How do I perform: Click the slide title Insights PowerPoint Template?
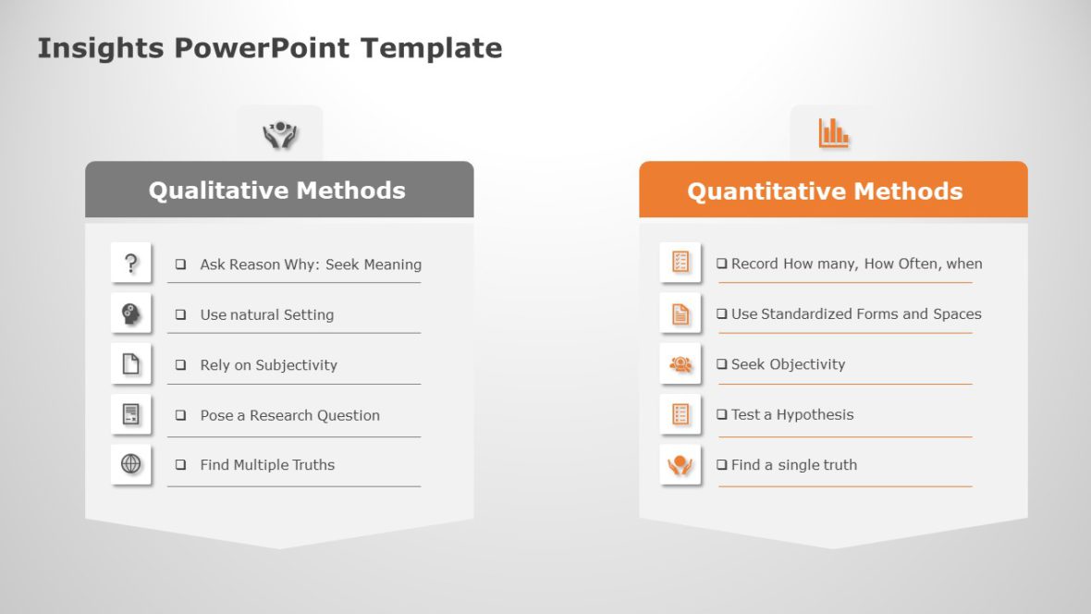pyautogui.click(x=269, y=48)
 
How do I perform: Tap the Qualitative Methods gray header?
pyautogui.click(x=278, y=190)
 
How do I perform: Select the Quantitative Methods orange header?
pyautogui.click(x=825, y=191)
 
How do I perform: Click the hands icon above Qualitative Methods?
pyautogui.click(x=279, y=135)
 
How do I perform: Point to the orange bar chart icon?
pyautogui.click(x=833, y=133)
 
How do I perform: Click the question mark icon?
pyautogui.click(x=131, y=264)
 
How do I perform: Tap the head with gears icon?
pyautogui.click(x=131, y=314)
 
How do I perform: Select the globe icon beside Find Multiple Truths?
pyautogui.click(x=131, y=464)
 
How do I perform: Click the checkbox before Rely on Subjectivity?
pyautogui.click(x=181, y=365)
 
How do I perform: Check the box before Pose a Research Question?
pyautogui.click(x=181, y=415)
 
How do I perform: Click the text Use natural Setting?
pyautogui.click(x=266, y=314)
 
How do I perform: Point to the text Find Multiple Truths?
pyautogui.click(x=267, y=465)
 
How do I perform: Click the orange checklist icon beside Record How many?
pyautogui.click(x=680, y=263)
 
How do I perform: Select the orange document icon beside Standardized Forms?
pyautogui.click(x=680, y=313)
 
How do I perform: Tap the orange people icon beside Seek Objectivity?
pyautogui.click(x=680, y=364)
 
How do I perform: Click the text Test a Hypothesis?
pyautogui.click(x=792, y=414)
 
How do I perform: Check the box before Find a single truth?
pyautogui.click(x=722, y=465)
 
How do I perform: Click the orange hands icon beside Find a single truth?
pyautogui.click(x=680, y=464)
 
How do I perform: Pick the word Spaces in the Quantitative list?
pyautogui.click(x=957, y=314)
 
